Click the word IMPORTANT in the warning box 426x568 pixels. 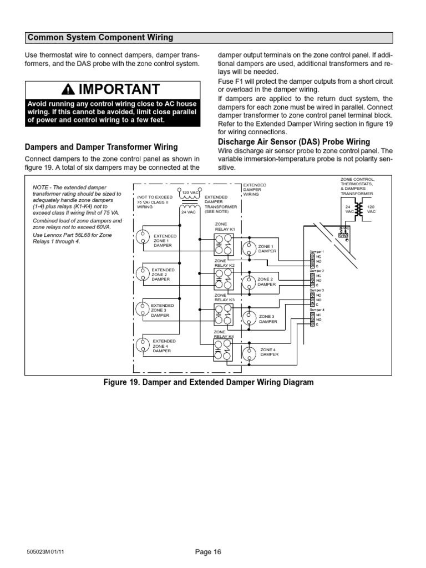pos(119,90)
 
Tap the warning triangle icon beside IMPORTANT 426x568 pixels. pos(68,90)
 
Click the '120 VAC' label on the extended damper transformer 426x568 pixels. pos(190,192)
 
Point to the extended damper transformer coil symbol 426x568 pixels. pos(190,201)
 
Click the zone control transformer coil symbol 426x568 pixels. pos(359,210)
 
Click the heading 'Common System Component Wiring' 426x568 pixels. pos(100,38)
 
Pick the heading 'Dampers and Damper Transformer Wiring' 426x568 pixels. pos(102,147)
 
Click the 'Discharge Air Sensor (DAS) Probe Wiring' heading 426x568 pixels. pos(293,142)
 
